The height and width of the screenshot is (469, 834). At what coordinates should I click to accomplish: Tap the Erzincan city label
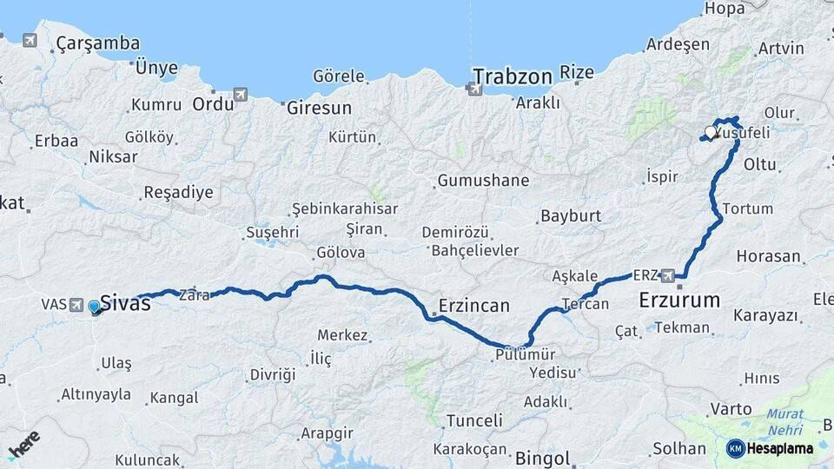[x=474, y=306]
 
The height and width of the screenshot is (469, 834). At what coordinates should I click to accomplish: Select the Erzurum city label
[x=679, y=301]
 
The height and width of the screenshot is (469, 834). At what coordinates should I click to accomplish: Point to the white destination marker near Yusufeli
[x=712, y=133]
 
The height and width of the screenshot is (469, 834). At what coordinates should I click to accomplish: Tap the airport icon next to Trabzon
[x=475, y=89]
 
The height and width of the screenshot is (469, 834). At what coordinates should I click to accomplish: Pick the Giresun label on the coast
[x=319, y=109]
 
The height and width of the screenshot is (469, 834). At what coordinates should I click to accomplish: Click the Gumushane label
[x=483, y=181]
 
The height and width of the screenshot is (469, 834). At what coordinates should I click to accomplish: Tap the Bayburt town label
[x=571, y=215]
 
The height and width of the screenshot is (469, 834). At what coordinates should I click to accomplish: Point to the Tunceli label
[x=474, y=420]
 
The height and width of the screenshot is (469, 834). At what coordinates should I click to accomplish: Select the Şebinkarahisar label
[x=345, y=208]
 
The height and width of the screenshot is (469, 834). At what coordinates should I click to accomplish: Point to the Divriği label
[x=273, y=374]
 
